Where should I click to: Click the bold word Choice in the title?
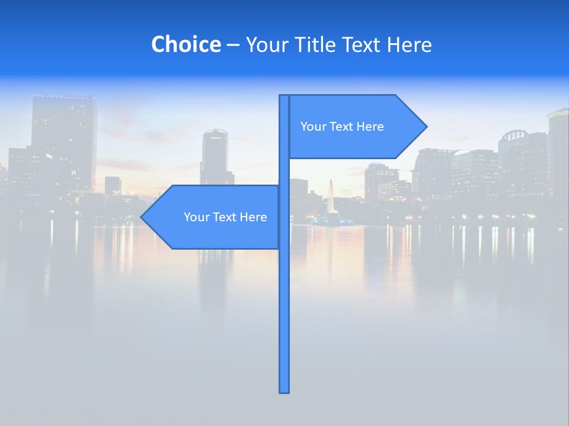tap(186, 44)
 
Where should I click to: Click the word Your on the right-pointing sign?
tap(312, 127)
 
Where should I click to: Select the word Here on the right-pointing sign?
tap(370, 127)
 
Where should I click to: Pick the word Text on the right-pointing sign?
tap(341, 127)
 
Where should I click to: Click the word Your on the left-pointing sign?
tap(196, 217)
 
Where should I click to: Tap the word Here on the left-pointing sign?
tap(254, 217)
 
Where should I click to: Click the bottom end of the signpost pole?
tap(284, 390)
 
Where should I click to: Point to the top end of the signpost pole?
tap(284, 97)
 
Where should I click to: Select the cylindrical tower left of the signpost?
tap(215, 154)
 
